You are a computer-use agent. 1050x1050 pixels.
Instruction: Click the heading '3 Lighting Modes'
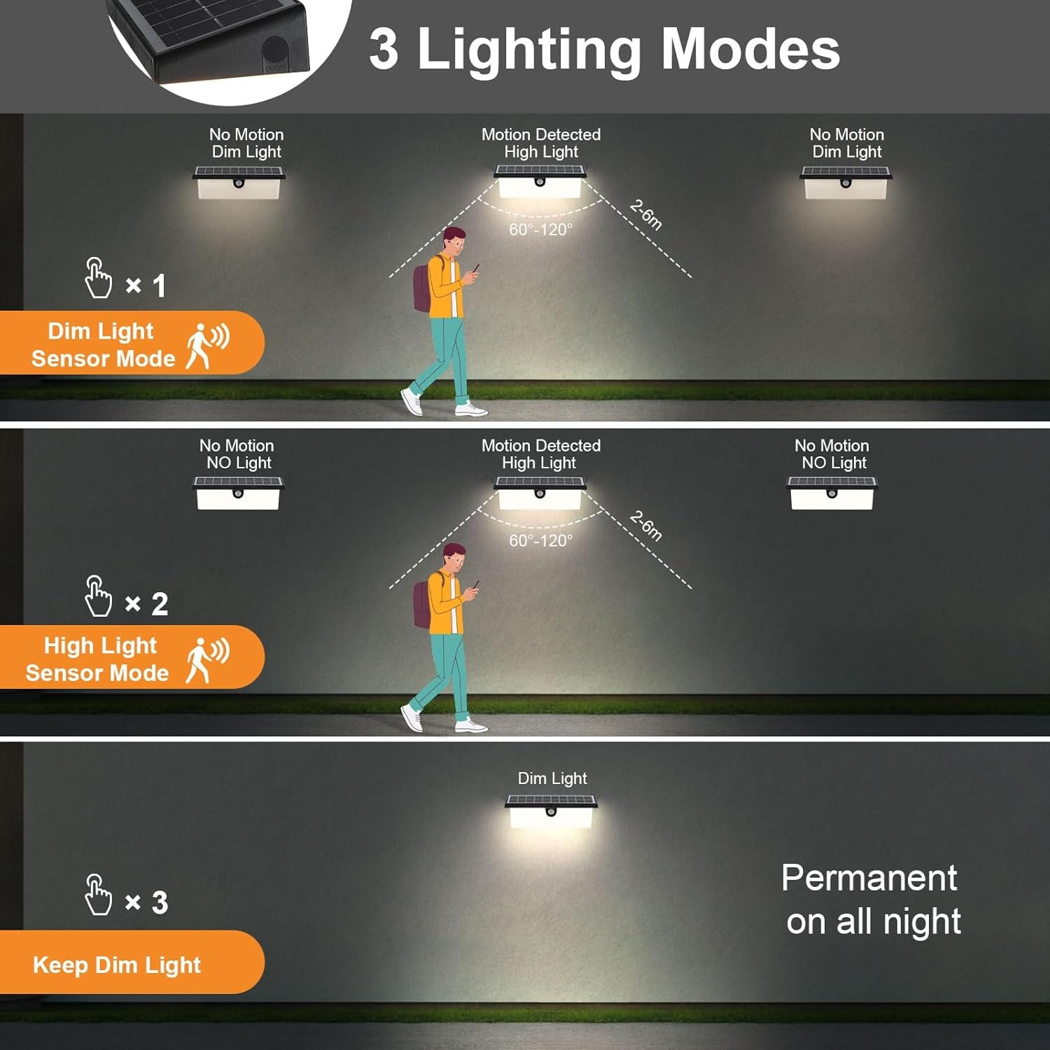pos(604,49)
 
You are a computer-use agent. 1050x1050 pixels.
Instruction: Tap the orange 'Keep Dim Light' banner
pos(132,962)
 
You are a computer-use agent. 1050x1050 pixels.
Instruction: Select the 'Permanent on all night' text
pos(871,899)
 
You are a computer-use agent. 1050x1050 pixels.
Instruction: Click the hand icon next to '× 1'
pos(97,278)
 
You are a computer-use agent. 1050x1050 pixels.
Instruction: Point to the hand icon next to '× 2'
pos(97,596)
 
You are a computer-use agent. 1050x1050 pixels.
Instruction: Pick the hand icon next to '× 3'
pos(97,895)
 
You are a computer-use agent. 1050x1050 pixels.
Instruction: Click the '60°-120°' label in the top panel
pos(540,230)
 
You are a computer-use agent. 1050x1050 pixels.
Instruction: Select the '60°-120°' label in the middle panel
pos(540,541)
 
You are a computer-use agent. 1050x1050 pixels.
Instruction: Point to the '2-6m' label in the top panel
pos(645,215)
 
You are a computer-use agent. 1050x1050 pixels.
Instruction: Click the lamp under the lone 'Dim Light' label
pos(552,811)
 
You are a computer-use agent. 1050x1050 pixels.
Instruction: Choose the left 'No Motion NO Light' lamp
pos(238,493)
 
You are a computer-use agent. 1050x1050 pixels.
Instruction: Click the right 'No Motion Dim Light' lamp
pos(846,182)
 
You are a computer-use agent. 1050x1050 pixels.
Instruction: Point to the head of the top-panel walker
pos(454,241)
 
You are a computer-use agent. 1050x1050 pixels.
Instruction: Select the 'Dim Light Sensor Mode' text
pos(103,344)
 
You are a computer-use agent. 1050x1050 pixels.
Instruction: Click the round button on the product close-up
pos(275,52)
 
